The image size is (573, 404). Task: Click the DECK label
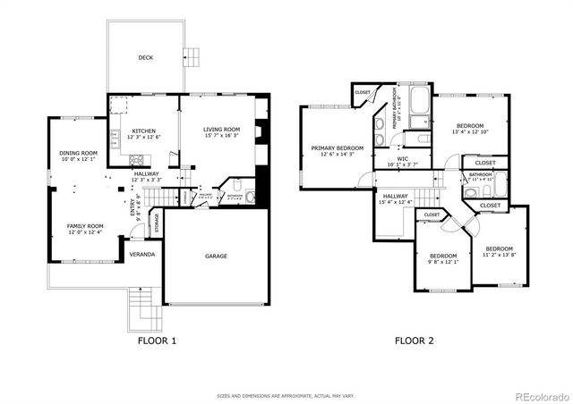[145, 58]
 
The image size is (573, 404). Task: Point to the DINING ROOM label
[78, 153]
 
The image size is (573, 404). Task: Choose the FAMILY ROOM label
[85, 226]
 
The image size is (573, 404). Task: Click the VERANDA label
[141, 255]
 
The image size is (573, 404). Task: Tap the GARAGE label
[216, 257]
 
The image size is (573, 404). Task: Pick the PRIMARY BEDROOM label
[338, 147]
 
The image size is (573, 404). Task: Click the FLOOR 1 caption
[157, 341]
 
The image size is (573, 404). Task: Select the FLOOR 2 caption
[414, 341]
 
